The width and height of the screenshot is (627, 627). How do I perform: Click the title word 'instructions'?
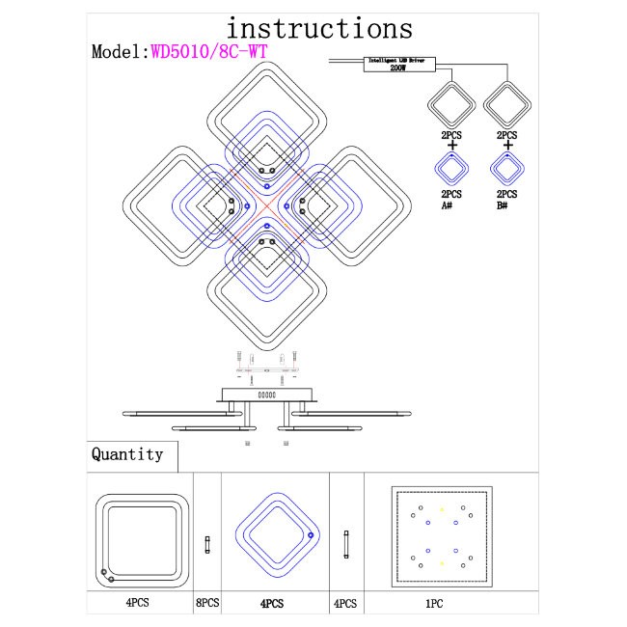pos(319,28)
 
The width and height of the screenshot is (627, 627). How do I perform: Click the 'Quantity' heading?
pos(127,454)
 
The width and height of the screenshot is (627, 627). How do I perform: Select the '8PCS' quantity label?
pos(207,603)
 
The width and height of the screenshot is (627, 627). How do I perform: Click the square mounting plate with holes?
pos(443,536)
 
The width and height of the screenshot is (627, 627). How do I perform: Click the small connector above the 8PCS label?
pos(207,545)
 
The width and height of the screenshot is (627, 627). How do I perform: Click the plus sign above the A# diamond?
pos(450,146)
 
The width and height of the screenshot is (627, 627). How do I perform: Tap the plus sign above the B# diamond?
pos(507,146)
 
